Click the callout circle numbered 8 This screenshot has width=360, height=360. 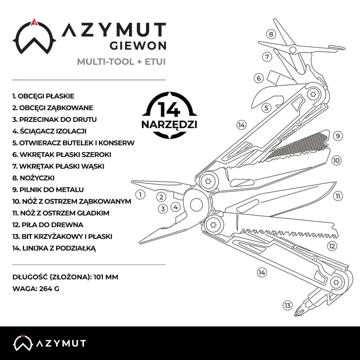(x=271, y=34)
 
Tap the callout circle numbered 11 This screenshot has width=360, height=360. (x=338, y=196)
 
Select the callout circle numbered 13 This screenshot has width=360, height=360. (x=287, y=305)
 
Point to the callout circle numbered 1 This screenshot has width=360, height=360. (x=140, y=194)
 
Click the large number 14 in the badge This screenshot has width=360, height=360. (x=169, y=108)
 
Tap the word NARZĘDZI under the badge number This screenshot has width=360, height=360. (x=169, y=123)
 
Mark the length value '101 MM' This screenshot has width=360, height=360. (x=106, y=276)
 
